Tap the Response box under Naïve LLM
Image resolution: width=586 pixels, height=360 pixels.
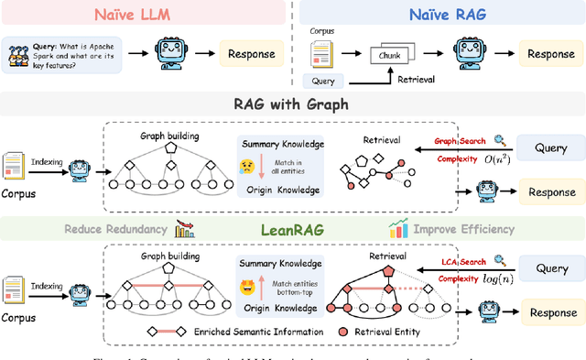pyautogui.click(x=250, y=53)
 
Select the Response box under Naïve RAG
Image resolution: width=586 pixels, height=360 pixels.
pyautogui.click(x=551, y=53)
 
